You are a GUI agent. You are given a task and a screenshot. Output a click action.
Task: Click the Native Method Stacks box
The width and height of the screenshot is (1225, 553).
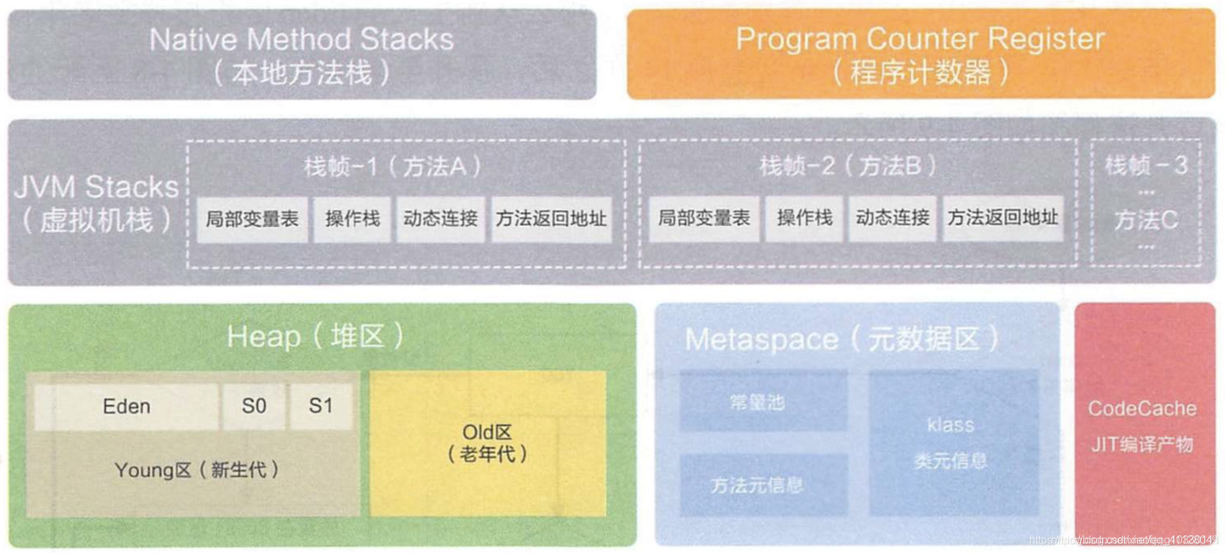[x=302, y=55]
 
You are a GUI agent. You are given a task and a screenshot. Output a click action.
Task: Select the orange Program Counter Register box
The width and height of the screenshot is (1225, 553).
[x=920, y=55]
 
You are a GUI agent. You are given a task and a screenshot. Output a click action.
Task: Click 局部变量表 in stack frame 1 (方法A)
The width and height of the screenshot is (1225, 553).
[x=253, y=219]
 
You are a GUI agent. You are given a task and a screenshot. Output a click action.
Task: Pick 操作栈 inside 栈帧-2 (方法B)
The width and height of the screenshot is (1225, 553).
[x=805, y=218]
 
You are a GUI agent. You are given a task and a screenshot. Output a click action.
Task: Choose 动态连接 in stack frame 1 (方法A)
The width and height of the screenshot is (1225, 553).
[x=440, y=219]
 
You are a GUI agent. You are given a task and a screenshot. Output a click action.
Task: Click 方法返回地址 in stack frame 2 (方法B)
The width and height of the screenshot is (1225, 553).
[x=1003, y=218]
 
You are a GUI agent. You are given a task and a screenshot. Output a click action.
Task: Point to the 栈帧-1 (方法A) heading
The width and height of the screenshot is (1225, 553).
[x=393, y=166]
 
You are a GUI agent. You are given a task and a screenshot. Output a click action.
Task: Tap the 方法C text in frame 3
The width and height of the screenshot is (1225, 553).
[x=1146, y=220]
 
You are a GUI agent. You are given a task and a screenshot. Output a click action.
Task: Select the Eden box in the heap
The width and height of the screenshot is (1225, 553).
[x=127, y=407]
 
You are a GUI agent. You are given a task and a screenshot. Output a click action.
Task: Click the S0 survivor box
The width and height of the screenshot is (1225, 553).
[x=254, y=407]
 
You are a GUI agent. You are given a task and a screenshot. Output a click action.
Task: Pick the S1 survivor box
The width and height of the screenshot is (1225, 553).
[x=320, y=407]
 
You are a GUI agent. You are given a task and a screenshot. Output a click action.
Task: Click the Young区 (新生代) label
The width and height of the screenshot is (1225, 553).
[x=196, y=470]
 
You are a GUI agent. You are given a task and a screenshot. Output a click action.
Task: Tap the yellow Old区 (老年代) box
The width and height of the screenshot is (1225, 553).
[x=487, y=443]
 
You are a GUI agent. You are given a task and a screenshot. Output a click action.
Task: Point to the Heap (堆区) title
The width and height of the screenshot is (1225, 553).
[x=315, y=337]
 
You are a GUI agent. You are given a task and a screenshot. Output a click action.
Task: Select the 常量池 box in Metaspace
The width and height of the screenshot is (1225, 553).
[x=757, y=402]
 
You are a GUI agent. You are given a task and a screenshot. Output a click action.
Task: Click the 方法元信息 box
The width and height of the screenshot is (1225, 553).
[x=757, y=486]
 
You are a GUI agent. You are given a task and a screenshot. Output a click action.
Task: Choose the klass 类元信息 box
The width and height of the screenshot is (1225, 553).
[x=951, y=443]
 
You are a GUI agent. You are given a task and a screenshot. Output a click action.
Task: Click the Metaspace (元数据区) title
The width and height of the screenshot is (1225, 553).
[x=842, y=339]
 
